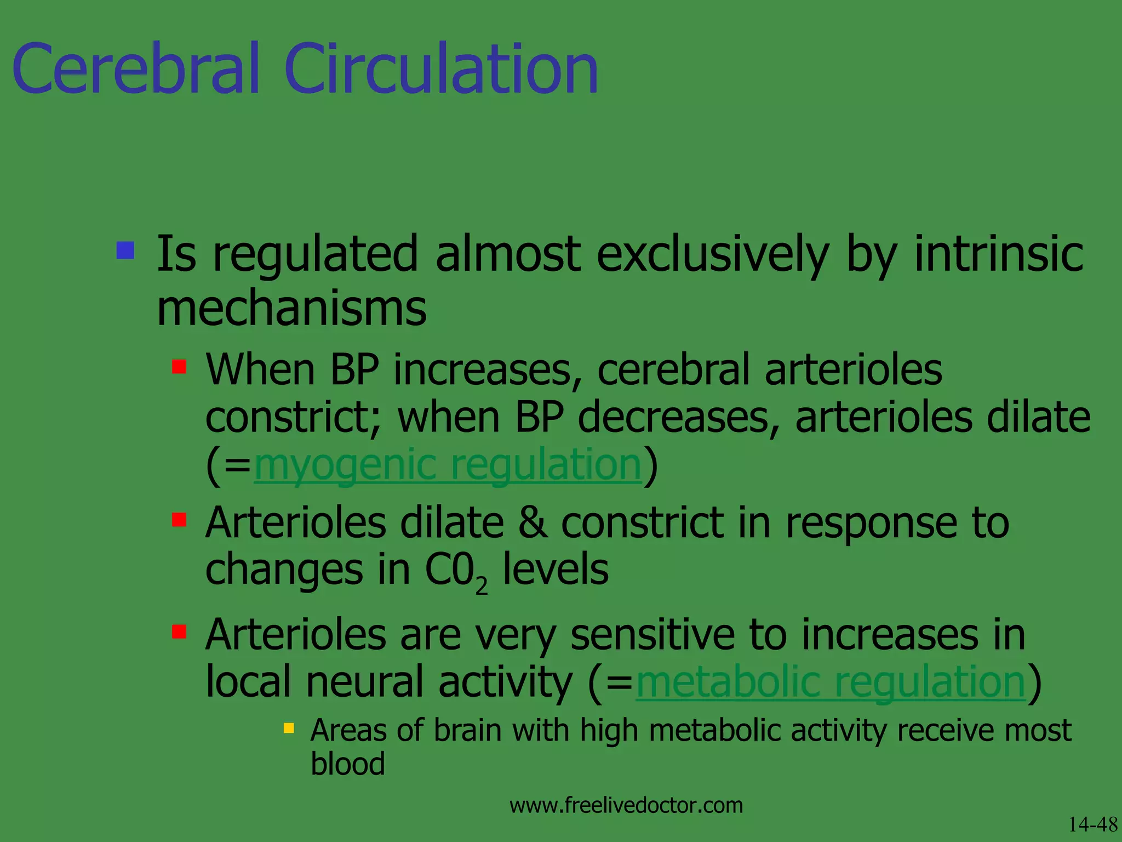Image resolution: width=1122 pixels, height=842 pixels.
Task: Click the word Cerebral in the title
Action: pyautogui.click(x=135, y=70)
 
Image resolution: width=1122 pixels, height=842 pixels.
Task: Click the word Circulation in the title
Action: pyautogui.click(x=441, y=70)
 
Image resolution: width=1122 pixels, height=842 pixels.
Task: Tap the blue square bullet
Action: pyautogui.click(x=125, y=251)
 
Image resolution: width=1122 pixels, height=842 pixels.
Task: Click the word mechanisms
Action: pyautogui.click(x=291, y=309)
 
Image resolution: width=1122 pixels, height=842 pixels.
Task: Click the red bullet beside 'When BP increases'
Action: pyautogui.click(x=179, y=366)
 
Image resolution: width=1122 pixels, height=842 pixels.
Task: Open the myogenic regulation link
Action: pyautogui.click(x=447, y=464)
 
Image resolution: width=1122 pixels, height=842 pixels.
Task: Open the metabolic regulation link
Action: pyautogui.click(x=830, y=682)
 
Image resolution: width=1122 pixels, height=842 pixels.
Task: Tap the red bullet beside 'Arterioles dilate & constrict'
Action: pyautogui.click(x=179, y=519)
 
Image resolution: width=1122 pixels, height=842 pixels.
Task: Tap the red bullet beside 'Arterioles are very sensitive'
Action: pyautogui.click(x=179, y=631)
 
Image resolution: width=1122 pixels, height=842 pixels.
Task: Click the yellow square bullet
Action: pyautogui.click(x=289, y=729)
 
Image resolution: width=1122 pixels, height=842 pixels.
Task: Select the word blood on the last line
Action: pyautogui.click(x=347, y=764)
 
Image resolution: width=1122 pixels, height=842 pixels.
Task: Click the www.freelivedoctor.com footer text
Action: pyautogui.click(x=626, y=805)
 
